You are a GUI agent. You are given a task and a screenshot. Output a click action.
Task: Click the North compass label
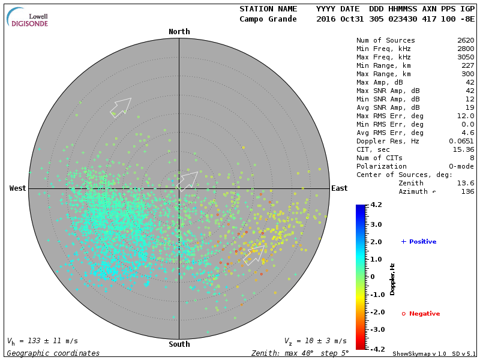click(x=179, y=32)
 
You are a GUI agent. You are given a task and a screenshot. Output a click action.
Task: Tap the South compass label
click(x=179, y=344)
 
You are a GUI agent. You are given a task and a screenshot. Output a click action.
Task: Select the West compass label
click(x=18, y=188)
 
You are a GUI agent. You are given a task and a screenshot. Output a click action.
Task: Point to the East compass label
click(x=340, y=188)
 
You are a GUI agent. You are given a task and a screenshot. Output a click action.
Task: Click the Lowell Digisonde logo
click(x=28, y=17)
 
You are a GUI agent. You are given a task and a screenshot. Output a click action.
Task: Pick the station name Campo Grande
click(x=268, y=19)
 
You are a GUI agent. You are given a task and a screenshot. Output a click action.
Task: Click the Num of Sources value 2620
click(x=465, y=41)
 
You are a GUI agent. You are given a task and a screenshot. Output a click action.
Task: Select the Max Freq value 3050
click(x=465, y=58)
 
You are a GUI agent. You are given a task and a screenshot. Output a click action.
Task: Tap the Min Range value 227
click(x=467, y=66)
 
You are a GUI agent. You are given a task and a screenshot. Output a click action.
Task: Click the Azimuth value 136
click(x=467, y=191)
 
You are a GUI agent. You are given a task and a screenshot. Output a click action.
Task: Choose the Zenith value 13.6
click(x=465, y=183)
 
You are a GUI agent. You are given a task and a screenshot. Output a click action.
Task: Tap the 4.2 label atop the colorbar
click(x=377, y=205)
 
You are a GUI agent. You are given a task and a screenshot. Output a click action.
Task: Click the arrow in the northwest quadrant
click(x=121, y=106)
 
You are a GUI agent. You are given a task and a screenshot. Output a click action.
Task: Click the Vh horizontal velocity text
click(x=42, y=341)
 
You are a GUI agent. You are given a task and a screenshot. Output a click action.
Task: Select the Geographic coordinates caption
click(x=53, y=353)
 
